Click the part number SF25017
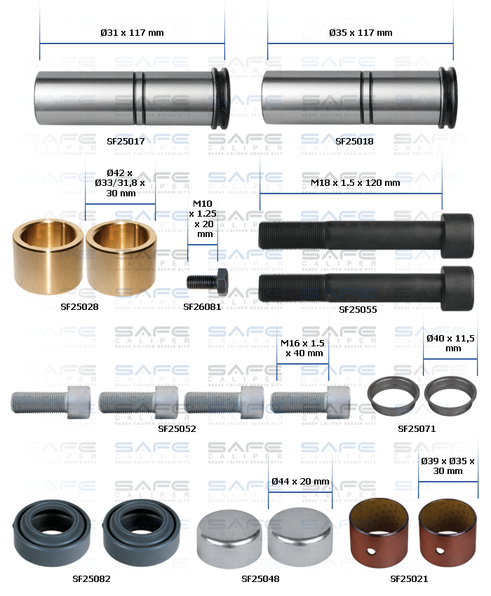(126, 141)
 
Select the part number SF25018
(354, 141)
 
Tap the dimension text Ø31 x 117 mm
(132, 32)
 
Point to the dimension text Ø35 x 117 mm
(361, 32)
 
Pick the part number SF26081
(202, 306)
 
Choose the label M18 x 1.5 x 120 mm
(355, 182)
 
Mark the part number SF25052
(177, 428)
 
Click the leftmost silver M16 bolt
(51, 402)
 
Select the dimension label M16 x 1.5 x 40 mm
(302, 348)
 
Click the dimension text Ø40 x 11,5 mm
(450, 343)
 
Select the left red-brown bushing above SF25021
(379, 531)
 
